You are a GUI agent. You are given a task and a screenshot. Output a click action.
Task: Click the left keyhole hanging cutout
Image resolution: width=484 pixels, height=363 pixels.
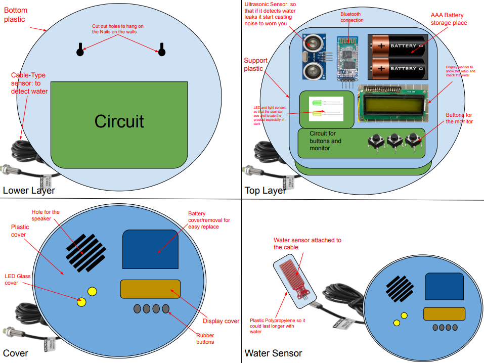[79, 50]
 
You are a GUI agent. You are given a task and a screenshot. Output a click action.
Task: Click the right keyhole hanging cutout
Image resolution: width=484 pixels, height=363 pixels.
[162, 50]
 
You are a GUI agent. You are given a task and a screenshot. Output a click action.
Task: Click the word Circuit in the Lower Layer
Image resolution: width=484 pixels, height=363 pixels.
[119, 121]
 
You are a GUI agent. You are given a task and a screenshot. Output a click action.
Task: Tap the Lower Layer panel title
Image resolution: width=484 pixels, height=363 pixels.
[29, 191]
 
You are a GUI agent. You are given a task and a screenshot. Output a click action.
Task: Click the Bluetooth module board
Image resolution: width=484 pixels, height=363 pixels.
[347, 57]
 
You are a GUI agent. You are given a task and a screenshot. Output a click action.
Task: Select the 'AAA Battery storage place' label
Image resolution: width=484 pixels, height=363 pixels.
[449, 19]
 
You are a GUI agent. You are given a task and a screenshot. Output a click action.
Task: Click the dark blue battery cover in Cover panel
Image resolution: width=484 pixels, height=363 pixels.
[150, 249]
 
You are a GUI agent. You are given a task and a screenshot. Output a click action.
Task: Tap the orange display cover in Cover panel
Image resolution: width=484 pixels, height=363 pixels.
[150, 289]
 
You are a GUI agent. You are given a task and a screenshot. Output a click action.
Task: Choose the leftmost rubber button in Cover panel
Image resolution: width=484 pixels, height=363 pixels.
[138, 308]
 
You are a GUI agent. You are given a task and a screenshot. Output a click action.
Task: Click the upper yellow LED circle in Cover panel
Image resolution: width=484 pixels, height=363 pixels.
[92, 291]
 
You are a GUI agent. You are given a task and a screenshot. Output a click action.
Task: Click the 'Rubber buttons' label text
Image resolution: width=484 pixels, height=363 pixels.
[205, 338]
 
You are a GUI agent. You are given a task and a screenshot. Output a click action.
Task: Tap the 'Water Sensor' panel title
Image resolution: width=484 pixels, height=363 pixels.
[273, 353]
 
